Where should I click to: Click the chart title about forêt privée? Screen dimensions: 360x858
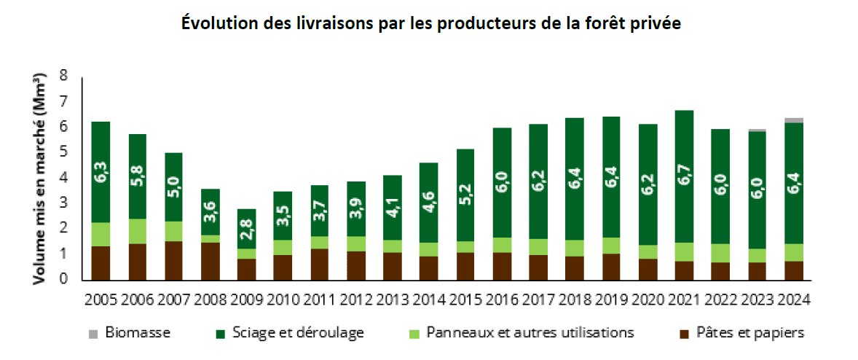tap(430, 23)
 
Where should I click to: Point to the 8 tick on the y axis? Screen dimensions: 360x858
tap(63, 75)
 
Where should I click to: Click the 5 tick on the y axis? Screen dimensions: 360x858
tap(63, 152)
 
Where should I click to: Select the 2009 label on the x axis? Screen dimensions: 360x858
tap(247, 300)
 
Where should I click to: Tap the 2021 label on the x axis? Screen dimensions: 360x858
tap(683, 300)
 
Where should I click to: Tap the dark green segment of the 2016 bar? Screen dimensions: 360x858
tap(502, 182)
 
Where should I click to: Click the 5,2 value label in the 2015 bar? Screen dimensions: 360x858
tap(465, 195)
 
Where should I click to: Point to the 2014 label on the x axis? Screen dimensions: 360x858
tap(429, 300)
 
